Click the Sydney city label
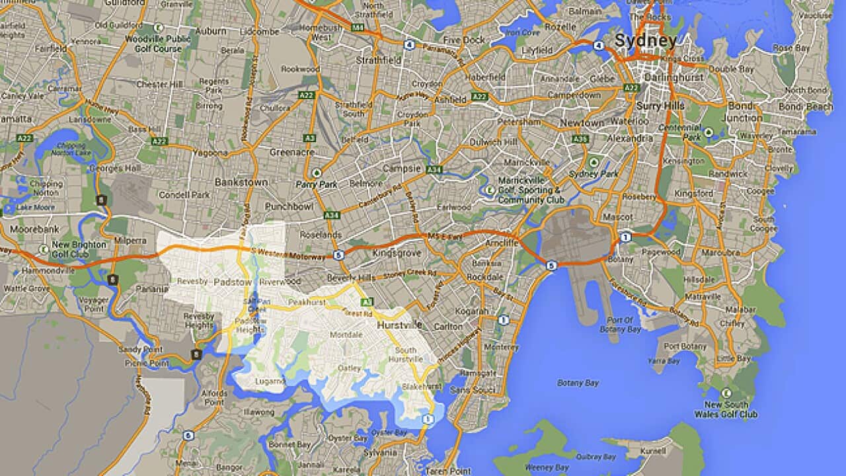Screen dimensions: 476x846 [x=645, y=41]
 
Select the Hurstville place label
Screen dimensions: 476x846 [x=399, y=326]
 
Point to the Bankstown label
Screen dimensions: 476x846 [x=241, y=182]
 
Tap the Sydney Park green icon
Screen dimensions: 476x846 [x=593, y=162]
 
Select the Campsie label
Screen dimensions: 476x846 [x=403, y=169]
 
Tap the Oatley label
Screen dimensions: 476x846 [x=350, y=368]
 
